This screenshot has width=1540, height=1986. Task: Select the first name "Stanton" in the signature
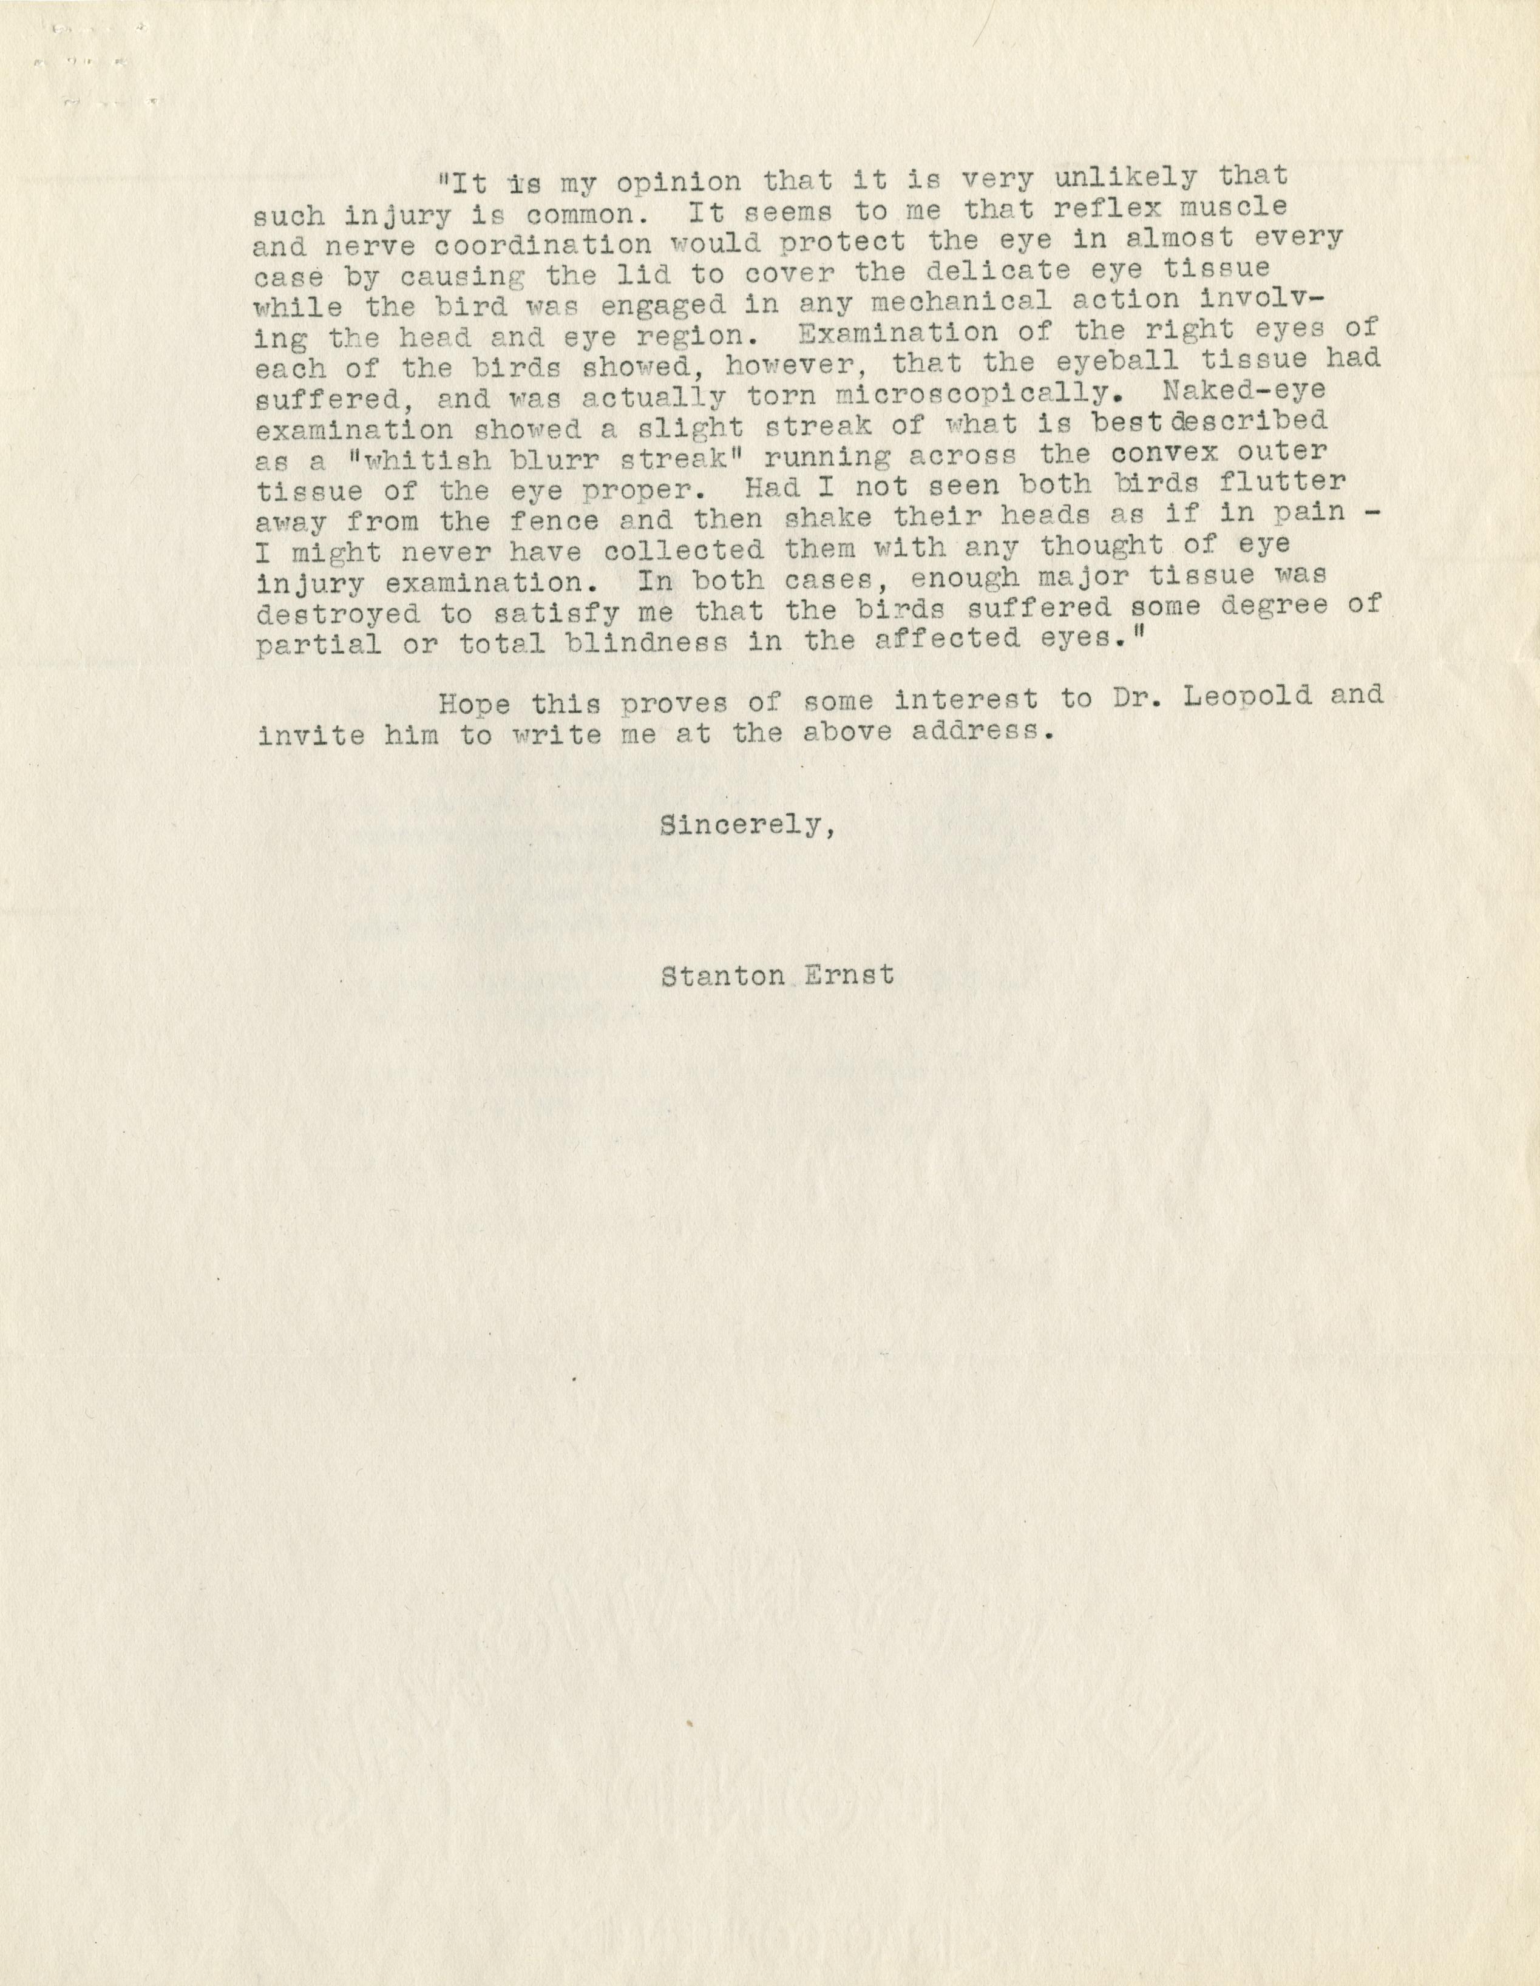(x=723, y=977)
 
